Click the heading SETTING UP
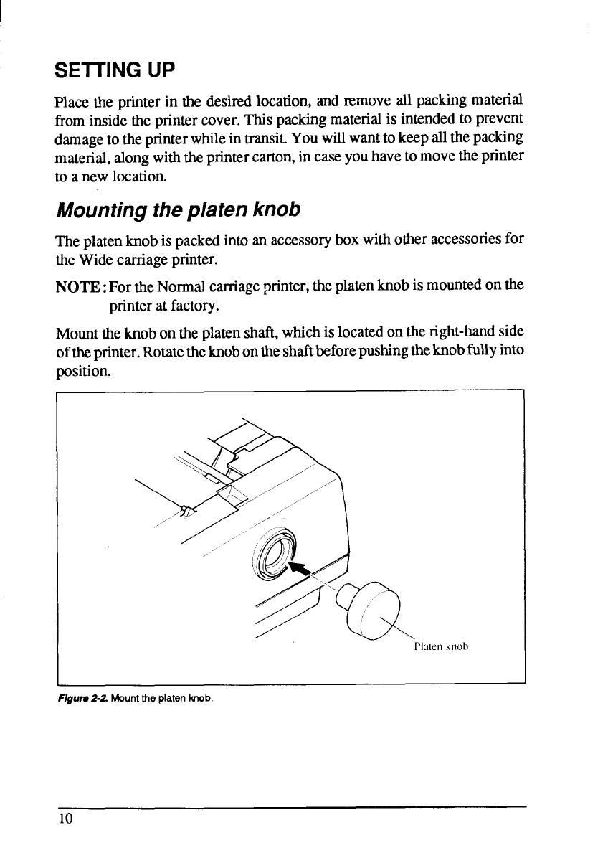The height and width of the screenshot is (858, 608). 115,70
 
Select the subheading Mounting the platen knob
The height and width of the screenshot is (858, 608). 177,211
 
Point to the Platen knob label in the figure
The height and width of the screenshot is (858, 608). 441,645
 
